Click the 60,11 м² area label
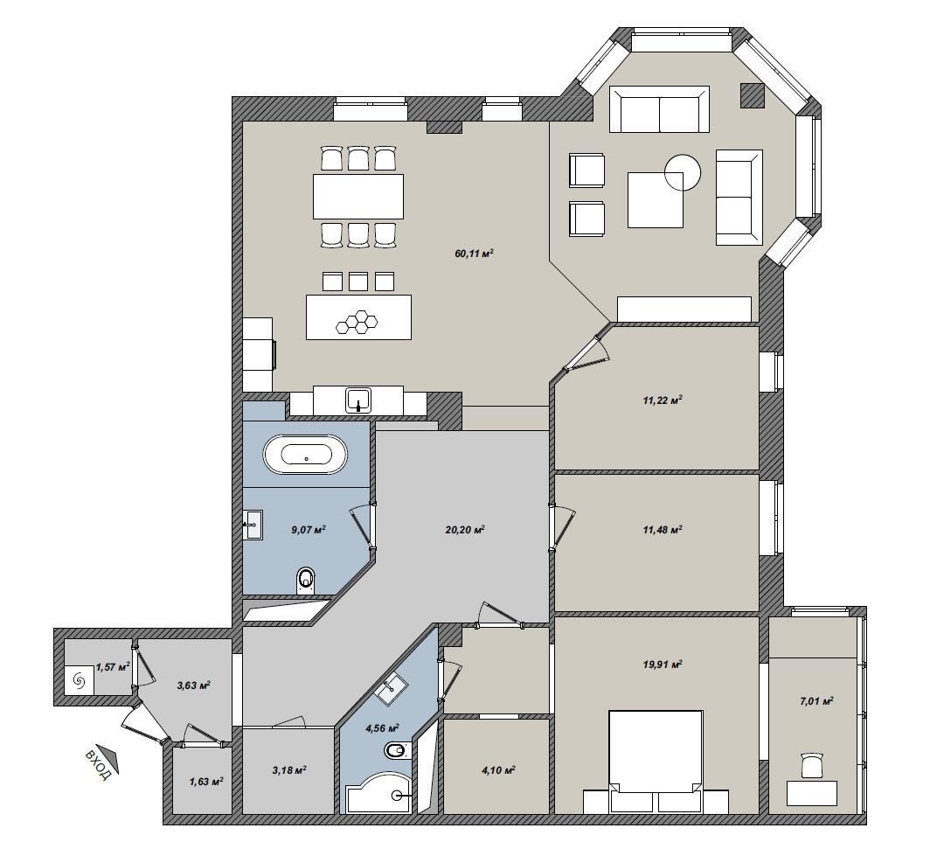(x=474, y=254)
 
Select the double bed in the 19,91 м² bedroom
(x=655, y=762)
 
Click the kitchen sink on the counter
(x=358, y=400)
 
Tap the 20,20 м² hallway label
(x=464, y=530)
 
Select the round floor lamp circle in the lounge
(x=683, y=172)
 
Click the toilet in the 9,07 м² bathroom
(x=307, y=580)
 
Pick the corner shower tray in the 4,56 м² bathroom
(x=378, y=793)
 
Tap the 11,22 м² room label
(x=663, y=400)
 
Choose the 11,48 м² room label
(x=663, y=530)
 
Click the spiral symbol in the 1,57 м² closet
(x=79, y=679)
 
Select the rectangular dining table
(x=358, y=196)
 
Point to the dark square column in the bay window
(x=753, y=95)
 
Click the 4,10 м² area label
(x=498, y=770)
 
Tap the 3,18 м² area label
(x=289, y=769)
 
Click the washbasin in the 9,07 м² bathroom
(x=253, y=525)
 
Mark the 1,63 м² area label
(x=206, y=782)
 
